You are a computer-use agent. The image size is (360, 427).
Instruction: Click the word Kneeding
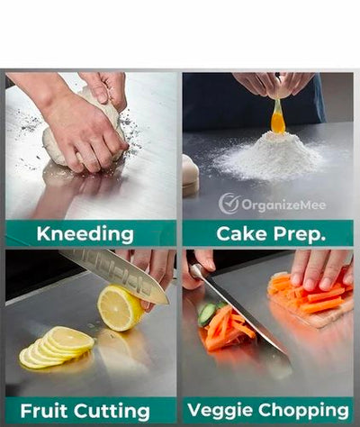coord(85,234)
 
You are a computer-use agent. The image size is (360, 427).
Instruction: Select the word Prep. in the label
coord(300,234)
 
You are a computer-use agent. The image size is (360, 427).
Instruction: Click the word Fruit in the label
coord(44,411)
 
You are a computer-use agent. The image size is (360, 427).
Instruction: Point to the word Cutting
coord(112,412)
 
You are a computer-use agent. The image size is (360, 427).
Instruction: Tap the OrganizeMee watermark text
coord(283,205)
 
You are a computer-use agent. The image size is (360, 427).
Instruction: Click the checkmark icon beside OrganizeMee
coord(229,204)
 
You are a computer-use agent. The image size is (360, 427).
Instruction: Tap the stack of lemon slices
coord(57,348)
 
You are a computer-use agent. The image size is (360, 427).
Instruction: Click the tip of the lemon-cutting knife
coord(168,304)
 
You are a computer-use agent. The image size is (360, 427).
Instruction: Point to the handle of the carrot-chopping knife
coord(197,271)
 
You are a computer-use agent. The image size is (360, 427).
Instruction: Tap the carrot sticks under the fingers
coord(309,293)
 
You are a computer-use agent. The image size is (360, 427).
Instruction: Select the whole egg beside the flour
coord(190,176)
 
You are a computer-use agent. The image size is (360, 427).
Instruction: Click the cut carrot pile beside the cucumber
coord(227,329)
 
